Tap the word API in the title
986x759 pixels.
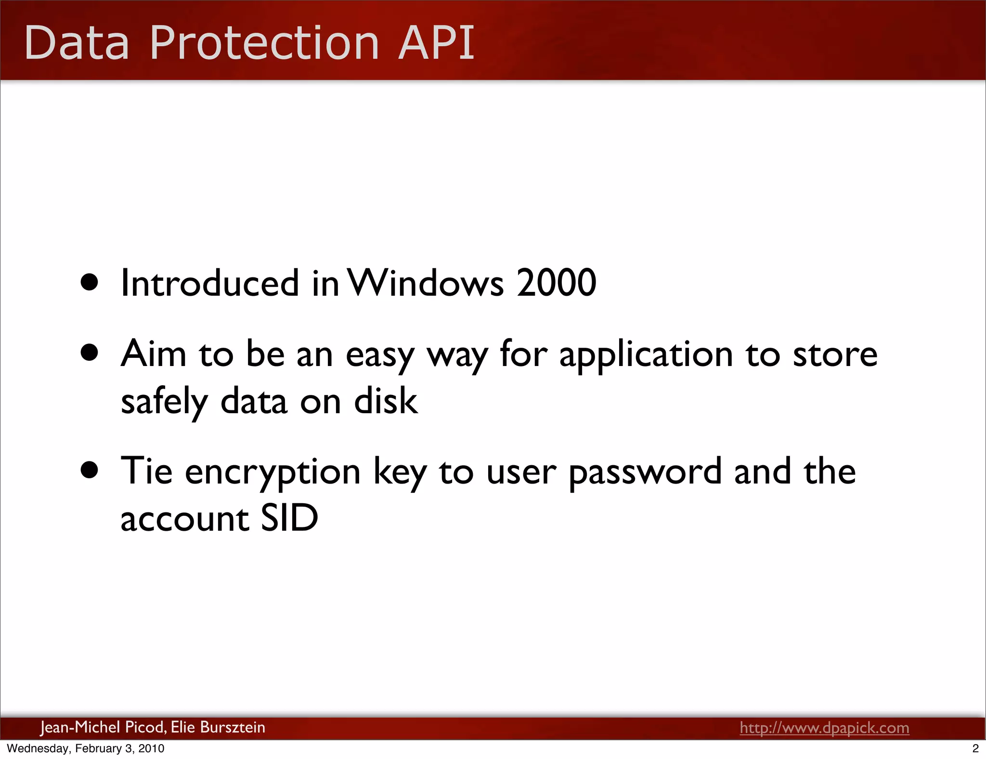436,43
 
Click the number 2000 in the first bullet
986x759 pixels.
556,283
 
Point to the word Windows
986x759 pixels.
426,283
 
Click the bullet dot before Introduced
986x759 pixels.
90,283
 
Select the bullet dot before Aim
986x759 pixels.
90,353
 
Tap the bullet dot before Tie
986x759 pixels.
90,470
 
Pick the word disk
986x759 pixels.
386,401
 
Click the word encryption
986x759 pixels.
272,472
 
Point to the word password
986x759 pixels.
645,472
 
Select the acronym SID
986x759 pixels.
289,518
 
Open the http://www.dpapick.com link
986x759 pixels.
824,728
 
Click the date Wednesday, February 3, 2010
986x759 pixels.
86,748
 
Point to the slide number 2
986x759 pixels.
975,748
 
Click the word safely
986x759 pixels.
164,402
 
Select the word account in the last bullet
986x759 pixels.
185,519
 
